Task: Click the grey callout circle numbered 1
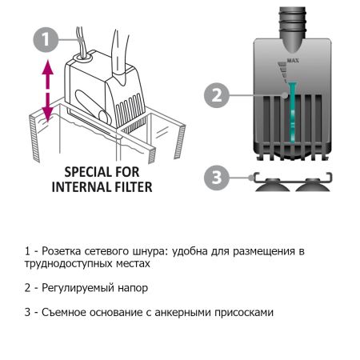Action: [x=47, y=38]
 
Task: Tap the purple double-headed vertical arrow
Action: [x=47, y=92]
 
